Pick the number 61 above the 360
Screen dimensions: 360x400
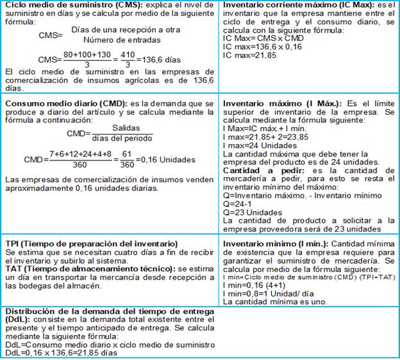tap(128, 153)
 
